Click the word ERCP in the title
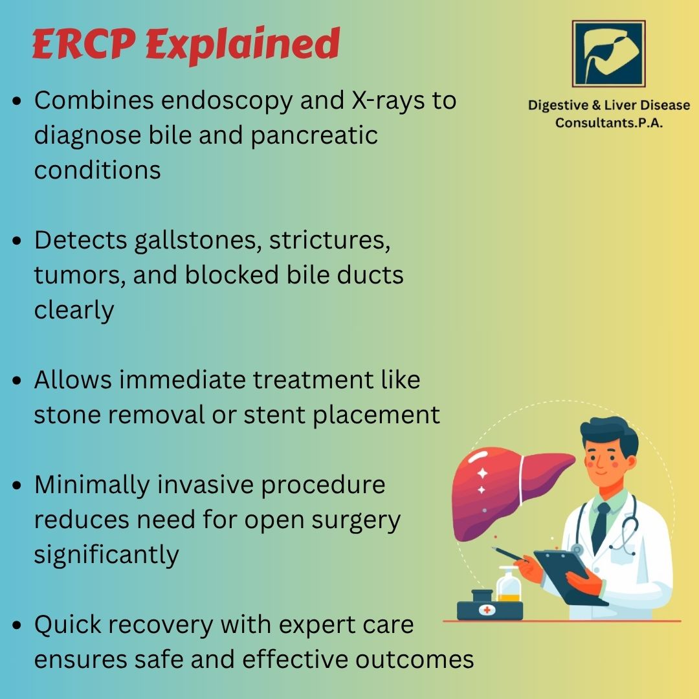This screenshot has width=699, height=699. coord(83,44)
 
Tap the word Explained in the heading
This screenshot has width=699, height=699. coord(243,45)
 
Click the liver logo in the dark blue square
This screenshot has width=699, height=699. coord(609,54)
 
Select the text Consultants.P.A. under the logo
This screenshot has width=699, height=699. coord(609,122)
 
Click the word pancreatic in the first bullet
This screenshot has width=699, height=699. coord(315,135)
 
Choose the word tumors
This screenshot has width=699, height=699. coord(80,276)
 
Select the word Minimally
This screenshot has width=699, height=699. coord(92,485)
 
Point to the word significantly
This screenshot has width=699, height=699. coord(107,555)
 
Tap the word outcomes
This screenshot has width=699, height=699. coord(415,660)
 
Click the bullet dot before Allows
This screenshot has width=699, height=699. coord(17,381)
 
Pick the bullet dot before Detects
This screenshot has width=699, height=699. coord(17,241)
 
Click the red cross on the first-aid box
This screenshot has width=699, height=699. coord(487,610)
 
